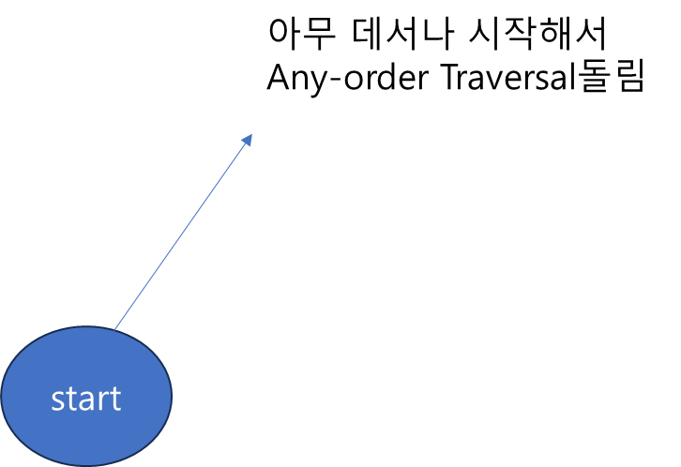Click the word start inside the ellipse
click(85, 399)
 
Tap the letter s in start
click(57, 401)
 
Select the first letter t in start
click(69, 399)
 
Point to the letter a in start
click(84, 401)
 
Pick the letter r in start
click(101, 401)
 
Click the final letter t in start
click(113, 399)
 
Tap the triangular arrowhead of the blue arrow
click(247, 141)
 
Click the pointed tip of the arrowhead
click(252, 133)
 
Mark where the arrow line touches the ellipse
click(114, 330)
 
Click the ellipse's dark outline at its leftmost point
click(2, 396)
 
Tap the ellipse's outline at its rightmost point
click(172, 396)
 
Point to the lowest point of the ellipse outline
click(85, 465)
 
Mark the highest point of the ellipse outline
click(85, 327)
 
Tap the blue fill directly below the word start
click(85, 439)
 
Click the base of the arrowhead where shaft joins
click(243, 146)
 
